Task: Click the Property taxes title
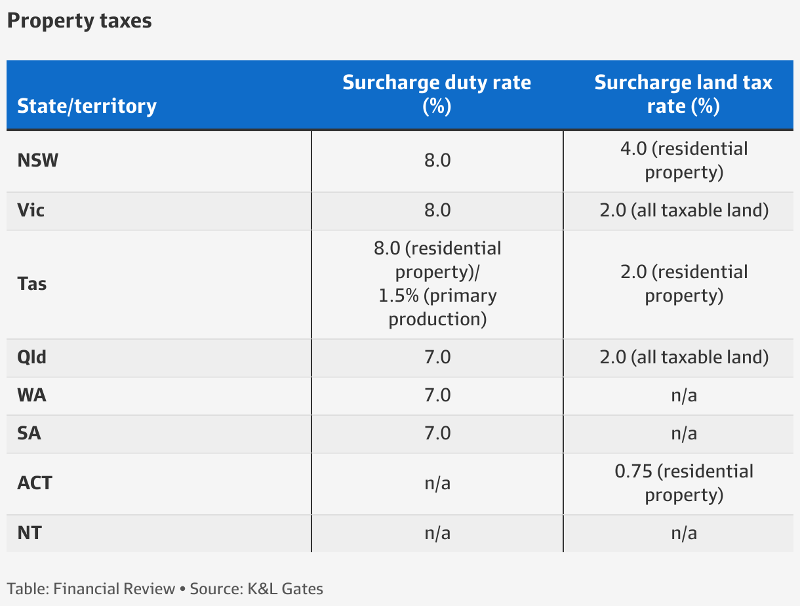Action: point(79,21)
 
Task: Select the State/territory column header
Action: point(87,106)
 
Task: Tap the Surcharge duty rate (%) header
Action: point(437,94)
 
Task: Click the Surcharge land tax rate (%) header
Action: point(683,94)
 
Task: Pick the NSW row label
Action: point(37,161)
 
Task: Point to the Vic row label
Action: point(31,211)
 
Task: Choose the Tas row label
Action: point(31,284)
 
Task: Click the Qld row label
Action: point(31,357)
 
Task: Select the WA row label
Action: point(31,395)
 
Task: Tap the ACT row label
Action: point(34,483)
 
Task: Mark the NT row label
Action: point(29,533)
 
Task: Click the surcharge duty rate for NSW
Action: point(437,161)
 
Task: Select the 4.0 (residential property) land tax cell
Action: point(683,161)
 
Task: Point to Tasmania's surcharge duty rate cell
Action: point(437,284)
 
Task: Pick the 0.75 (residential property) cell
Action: point(683,483)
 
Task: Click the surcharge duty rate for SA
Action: point(437,434)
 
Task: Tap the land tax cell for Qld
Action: point(683,357)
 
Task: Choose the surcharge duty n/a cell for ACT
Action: point(437,483)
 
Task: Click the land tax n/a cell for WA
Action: point(683,395)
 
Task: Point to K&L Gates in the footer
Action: point(285,588)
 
